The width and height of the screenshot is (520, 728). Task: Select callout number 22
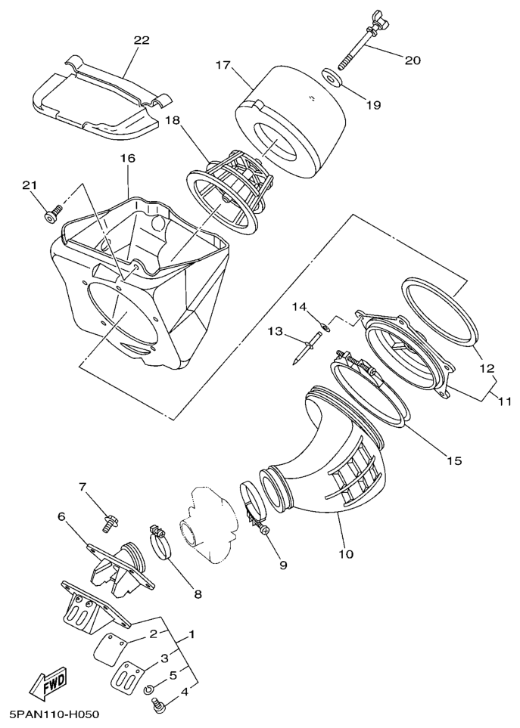point(142,40)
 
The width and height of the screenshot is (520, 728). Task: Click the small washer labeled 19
point(332,78)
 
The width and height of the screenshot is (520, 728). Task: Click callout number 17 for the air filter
point(223,64)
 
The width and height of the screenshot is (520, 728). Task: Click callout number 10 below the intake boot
point(346,553)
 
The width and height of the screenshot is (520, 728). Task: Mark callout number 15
point(454,460)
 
